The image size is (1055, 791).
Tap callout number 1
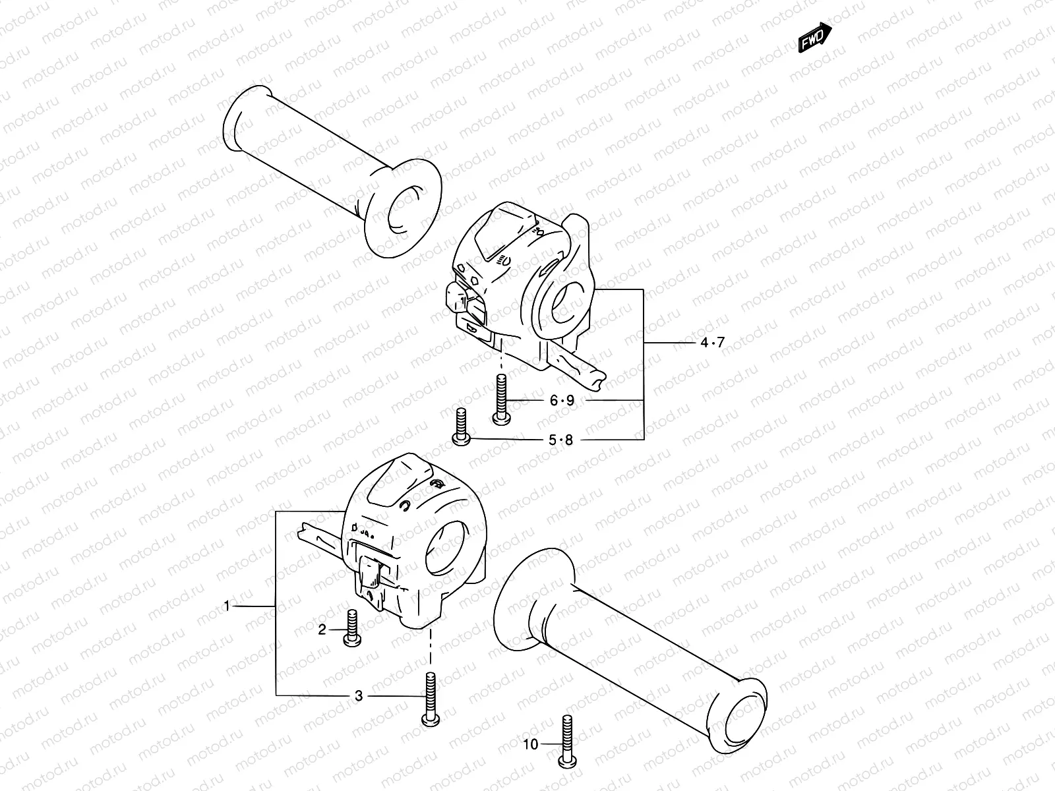(227, 605)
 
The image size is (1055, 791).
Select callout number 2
(322, 630)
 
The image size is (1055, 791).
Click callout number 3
(359, 695)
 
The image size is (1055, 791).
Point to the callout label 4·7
(712, 342)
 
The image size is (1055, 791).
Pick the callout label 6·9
(562, 400)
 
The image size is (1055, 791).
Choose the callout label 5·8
(561, 440)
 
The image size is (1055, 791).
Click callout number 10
(531, 745)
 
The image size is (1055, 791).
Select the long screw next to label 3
(430, 699)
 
